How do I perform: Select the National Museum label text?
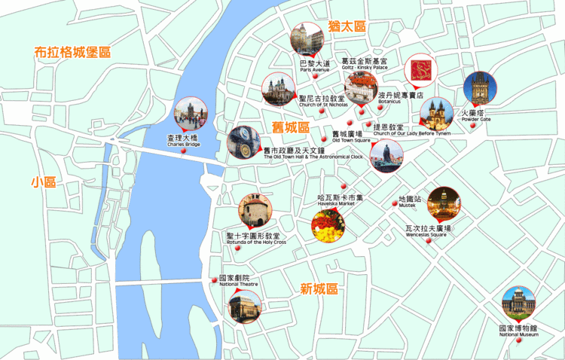[x=518, y=331]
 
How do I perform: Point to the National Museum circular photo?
[x=518, y=302]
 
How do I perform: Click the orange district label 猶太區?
[x=347, y=26]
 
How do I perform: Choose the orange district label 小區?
[x=44, y=182]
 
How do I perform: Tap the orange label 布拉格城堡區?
[x=72, y=53]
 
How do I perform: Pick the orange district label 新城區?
[x=319, y=288]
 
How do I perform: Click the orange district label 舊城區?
[x=291, y=127]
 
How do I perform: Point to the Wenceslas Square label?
[x=427, y=230]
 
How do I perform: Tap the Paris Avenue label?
[x=314, y=66]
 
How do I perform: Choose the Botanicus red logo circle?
[x=420, y=70]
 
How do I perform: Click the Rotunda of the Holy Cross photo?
[x=255, y=210]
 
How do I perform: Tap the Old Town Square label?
[x=351, y=136]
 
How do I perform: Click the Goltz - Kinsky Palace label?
[x=364, y=64]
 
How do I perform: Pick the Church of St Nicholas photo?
[x=278, y=89]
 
